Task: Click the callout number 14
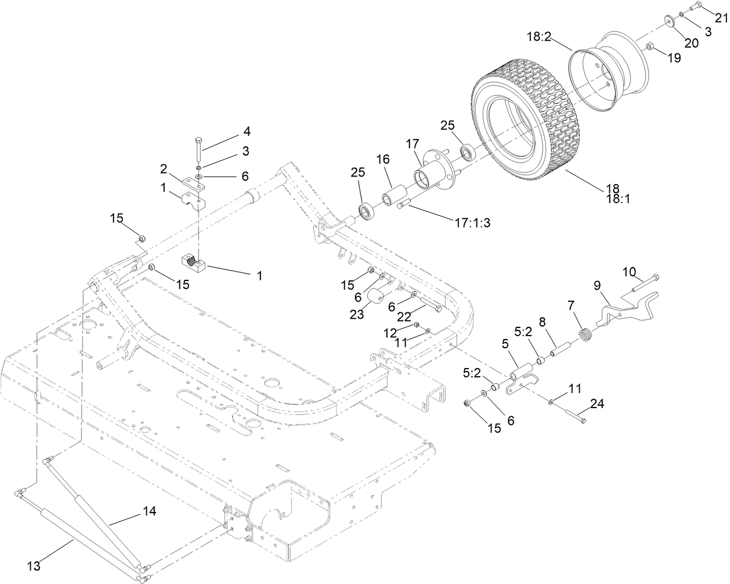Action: click(149, 511)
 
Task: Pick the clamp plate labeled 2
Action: click(192, 183)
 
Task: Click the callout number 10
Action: click(630, 271)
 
